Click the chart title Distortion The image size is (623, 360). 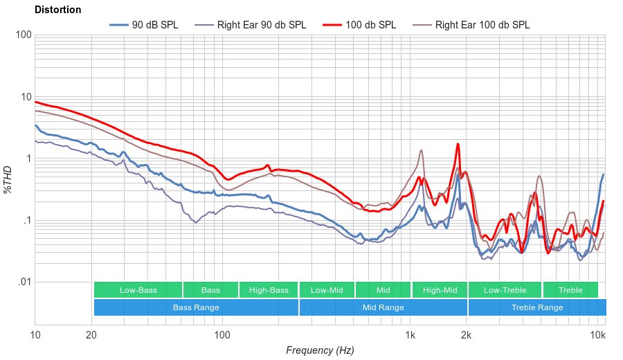coord(57,10)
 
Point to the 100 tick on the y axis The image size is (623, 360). coord(22,35)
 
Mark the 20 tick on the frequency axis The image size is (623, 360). coord(91,336)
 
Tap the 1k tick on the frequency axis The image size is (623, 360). coord(410,336)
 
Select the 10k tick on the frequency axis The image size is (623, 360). coord(597,336)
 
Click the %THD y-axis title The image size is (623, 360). coord(8,179)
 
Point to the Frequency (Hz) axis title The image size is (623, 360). coord(319,350)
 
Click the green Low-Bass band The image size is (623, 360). coord(138,290)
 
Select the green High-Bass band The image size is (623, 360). coord(269,290)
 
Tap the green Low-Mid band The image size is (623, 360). coord(327,290)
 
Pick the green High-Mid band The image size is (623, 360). coord(440,290)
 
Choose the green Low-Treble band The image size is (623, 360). coord(505,290)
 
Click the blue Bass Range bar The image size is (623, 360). coord(196,307)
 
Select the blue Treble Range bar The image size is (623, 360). coord(536,307)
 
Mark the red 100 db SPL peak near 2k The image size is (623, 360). coord(458,144)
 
